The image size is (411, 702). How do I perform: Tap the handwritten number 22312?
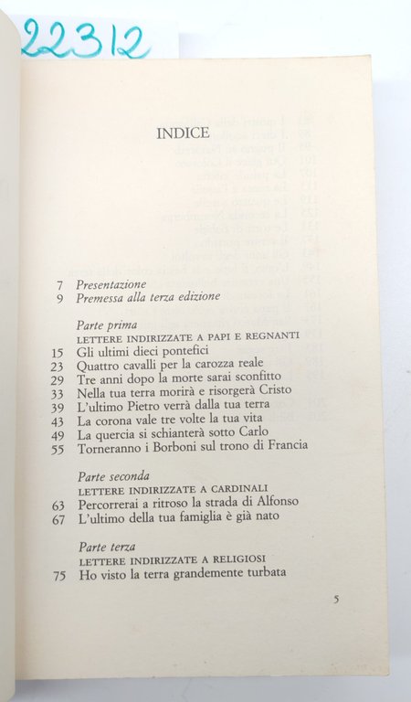point(83,39)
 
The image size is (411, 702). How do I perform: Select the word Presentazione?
point(111,283)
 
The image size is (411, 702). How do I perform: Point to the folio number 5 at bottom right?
point(336,601)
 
